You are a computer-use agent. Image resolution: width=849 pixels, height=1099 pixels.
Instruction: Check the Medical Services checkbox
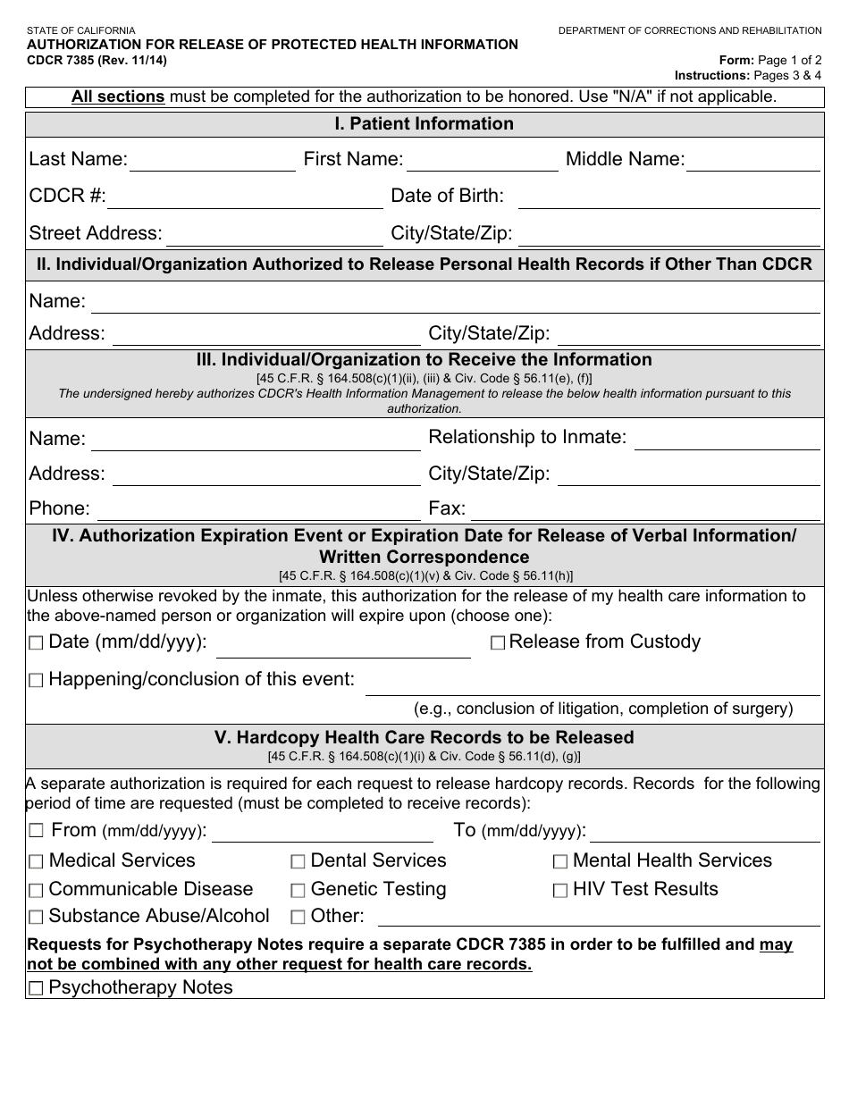point(36,862)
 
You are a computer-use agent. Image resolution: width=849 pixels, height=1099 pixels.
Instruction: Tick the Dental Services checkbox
point(298,862)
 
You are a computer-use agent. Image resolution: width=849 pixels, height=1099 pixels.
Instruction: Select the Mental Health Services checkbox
point(560,862)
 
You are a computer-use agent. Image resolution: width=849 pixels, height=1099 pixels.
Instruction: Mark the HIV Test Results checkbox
point(560,891)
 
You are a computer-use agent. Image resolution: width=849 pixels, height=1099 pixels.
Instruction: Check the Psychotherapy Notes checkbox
point(36,989)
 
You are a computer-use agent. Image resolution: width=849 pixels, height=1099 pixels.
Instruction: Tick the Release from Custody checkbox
point(498,643)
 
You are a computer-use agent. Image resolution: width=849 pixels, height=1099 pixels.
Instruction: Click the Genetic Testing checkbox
point(298,891)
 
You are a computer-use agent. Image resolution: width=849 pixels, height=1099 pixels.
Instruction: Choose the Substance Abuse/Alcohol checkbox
point(36,918)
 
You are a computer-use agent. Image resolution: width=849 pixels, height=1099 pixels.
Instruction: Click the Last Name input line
point(213,163)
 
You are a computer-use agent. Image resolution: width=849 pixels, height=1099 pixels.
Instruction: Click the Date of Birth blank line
point(668,199)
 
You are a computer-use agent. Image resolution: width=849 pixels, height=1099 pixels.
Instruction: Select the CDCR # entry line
point(245,199)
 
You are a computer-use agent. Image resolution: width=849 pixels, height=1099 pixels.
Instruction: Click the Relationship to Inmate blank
point(727,440)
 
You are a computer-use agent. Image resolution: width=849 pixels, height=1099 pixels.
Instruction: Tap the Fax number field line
point(644,511)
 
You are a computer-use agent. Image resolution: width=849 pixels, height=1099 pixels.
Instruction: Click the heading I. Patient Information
point(424,124)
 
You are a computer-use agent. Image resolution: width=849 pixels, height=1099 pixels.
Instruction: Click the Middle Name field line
point(752,163)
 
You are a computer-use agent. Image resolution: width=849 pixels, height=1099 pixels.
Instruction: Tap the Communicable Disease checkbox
point(36,891)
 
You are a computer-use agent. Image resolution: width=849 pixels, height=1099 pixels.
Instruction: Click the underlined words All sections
point(118,96)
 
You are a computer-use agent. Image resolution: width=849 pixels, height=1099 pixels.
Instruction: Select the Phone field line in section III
point(259,511)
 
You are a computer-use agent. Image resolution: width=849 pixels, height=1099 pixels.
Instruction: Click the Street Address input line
point(274,237)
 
